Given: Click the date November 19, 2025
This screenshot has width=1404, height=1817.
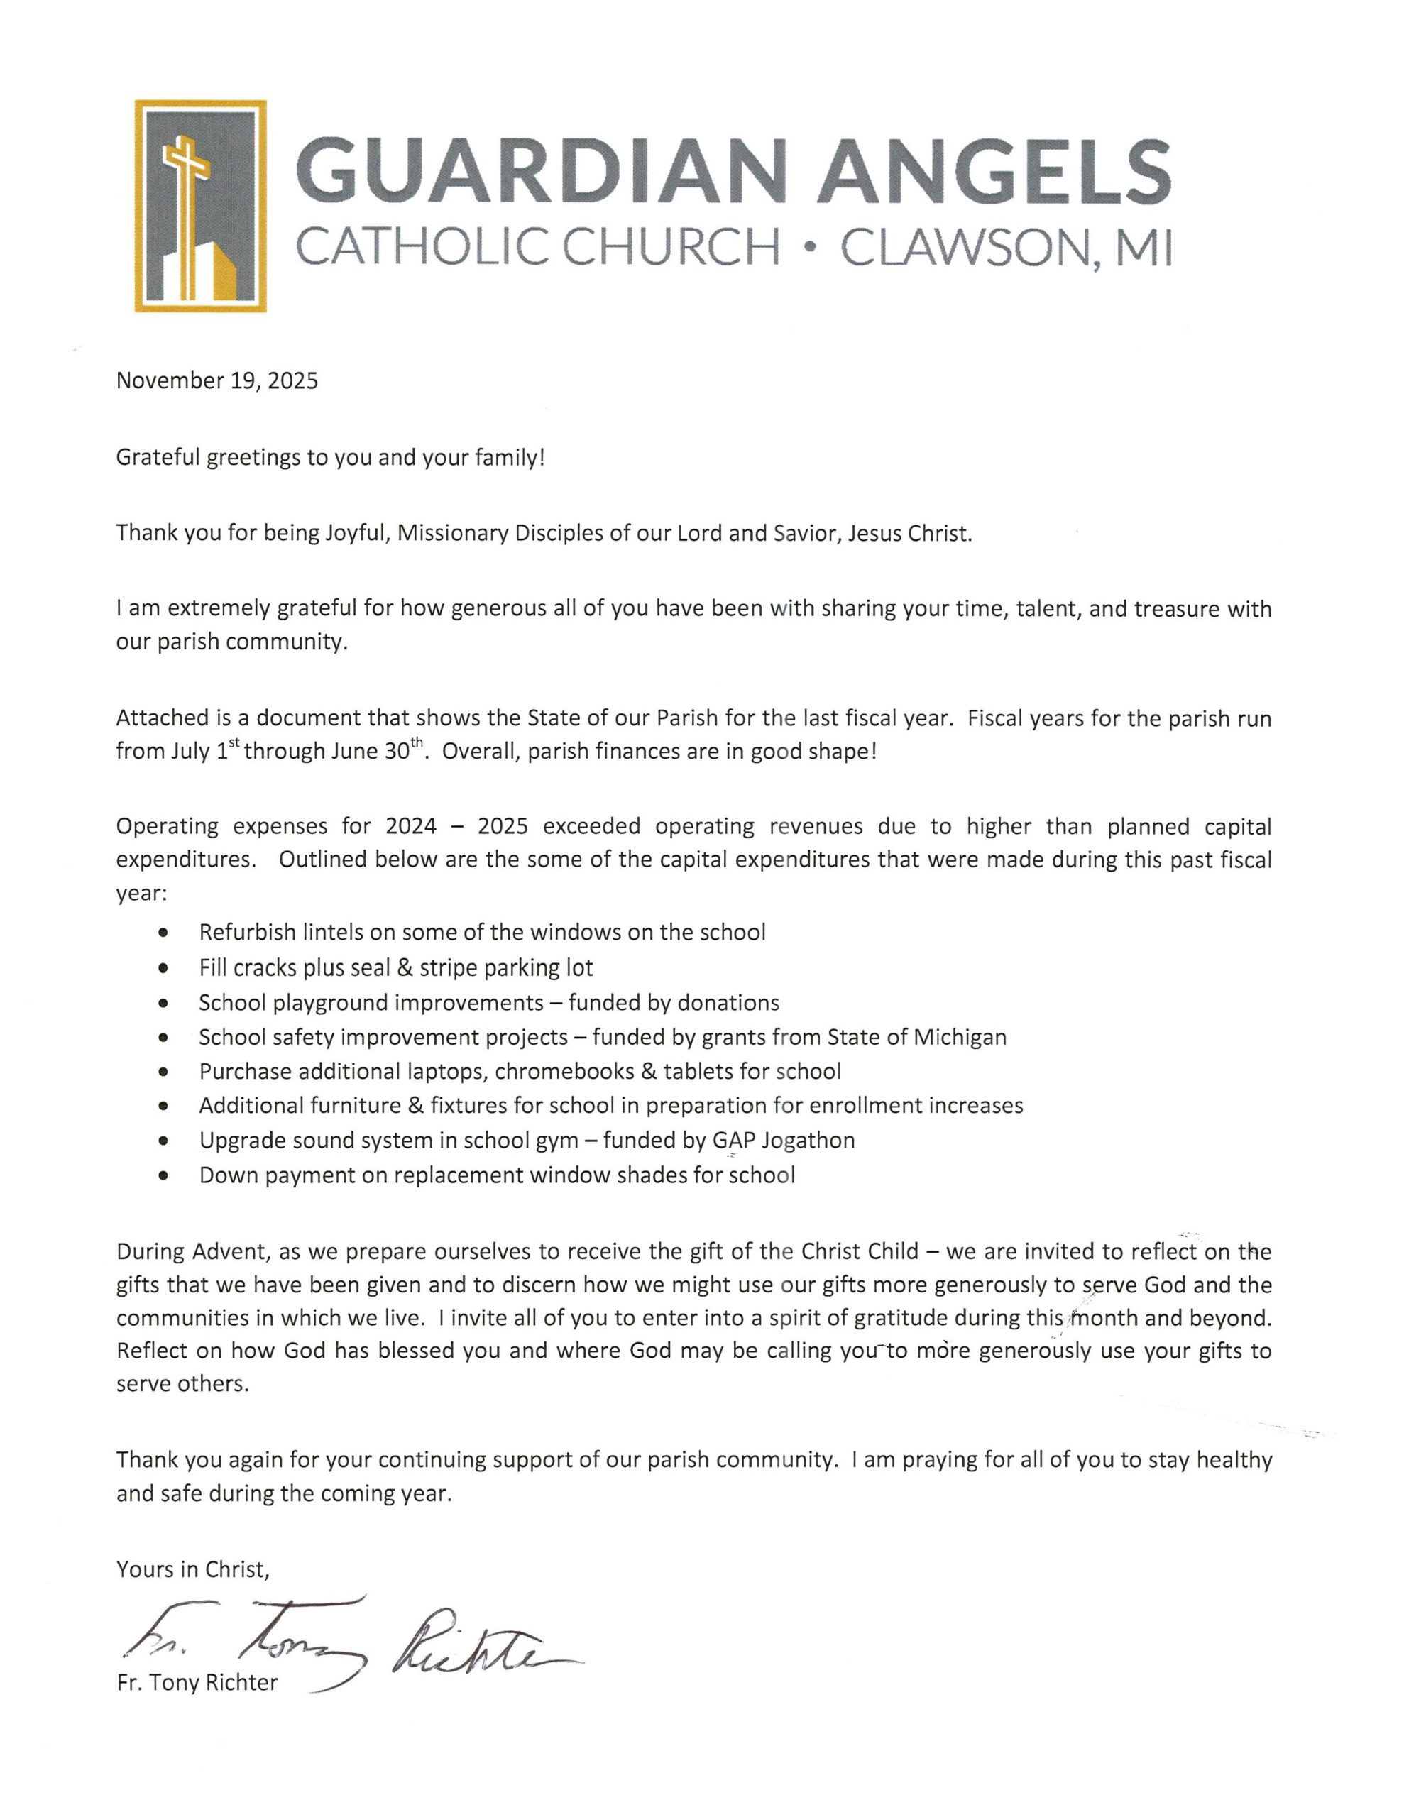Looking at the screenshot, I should [x=216, y=381].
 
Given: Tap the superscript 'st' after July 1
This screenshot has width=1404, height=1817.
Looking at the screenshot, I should [x=236, y=744].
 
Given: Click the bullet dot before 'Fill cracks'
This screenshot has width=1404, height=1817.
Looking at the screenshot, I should [x=163, y=968].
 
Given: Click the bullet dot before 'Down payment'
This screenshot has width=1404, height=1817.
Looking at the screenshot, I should [x=163, y=1176].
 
